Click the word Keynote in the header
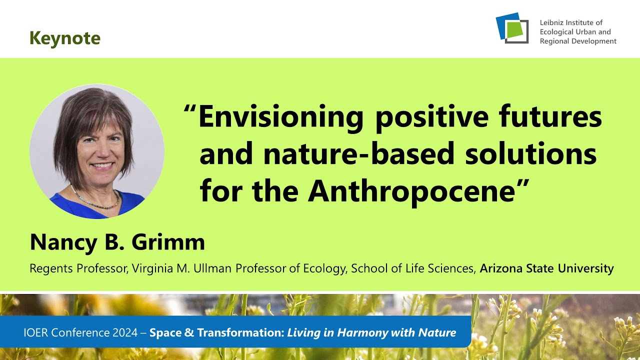[x=65, y=38]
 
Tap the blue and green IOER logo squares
[x=512, y=28]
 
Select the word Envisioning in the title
[x=280, y=117]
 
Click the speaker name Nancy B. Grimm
[x=117, y=242]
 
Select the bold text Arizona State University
[x=546, y=268]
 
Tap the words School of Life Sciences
[x=412, y=268]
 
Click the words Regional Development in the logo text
[x=578, y=41]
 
